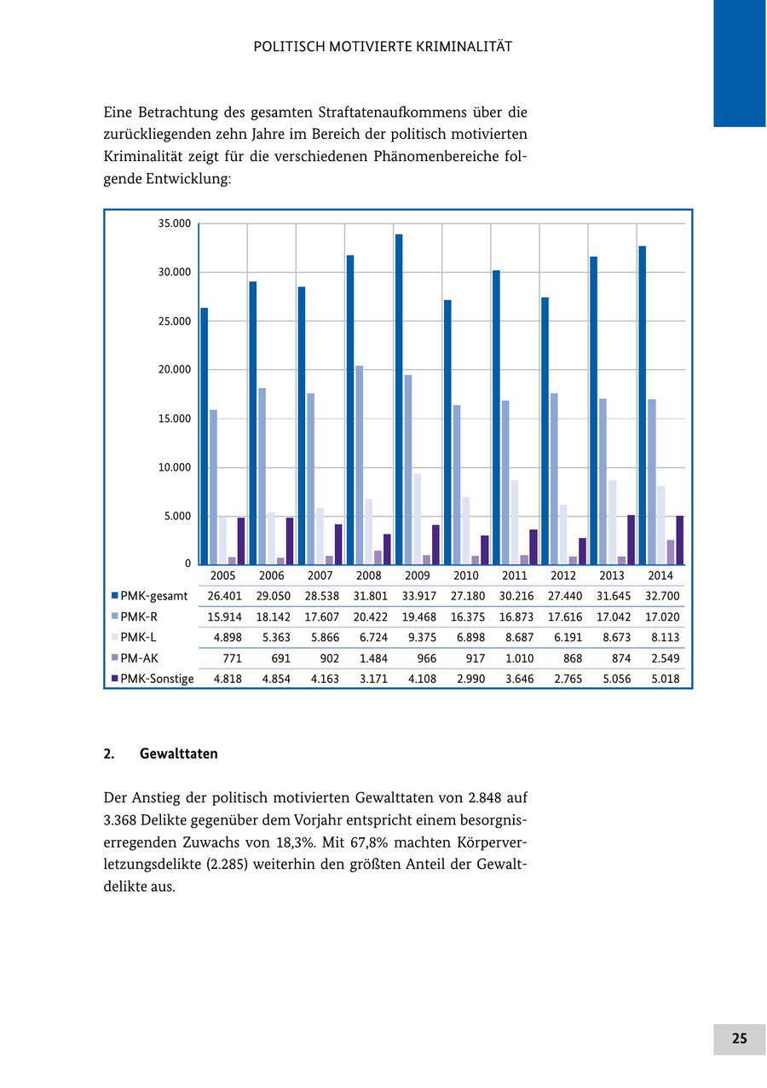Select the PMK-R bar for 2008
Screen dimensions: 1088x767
point(360,465)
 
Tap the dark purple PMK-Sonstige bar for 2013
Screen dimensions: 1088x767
point(631,540)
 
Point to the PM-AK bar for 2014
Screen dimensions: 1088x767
point(671,552)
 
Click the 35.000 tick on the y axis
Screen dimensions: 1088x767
point(175,223)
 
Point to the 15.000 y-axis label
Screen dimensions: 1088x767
point(175,419)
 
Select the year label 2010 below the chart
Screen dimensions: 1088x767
point(466,576)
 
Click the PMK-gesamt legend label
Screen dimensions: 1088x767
point(153,596)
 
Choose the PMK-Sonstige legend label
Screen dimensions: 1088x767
point(157,679)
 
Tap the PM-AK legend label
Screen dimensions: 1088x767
point(139,658)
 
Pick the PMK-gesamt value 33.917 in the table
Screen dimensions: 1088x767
point(418,596)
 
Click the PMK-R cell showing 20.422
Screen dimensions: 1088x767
point(370,616)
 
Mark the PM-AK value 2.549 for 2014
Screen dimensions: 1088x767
point(665,658)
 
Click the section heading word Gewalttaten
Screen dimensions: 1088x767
point(179,754)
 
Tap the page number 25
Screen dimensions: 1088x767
point(739,1039)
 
